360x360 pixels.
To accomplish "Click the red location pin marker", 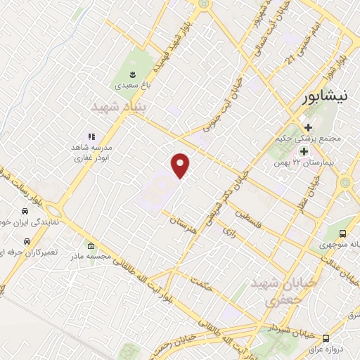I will pyautogui.click(x=181, y=165).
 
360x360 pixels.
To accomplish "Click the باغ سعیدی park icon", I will pyautogui.click(x=132, y=74).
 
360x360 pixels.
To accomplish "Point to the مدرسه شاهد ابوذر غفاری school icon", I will pyautogui.click(x=91, y=136).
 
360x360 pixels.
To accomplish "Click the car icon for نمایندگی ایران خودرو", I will pyautogui.click(x=25, y=211).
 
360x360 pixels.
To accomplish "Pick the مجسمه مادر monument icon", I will pyautogui.click(x=91, y=246).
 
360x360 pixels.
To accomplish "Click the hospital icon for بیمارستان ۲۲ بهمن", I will pyautogui.click(x=304, y=151).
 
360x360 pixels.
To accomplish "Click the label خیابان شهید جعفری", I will pyautogui.click(x=268, y=291).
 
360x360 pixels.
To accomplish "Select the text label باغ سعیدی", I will pyautogui.click(x=132, y=87).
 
